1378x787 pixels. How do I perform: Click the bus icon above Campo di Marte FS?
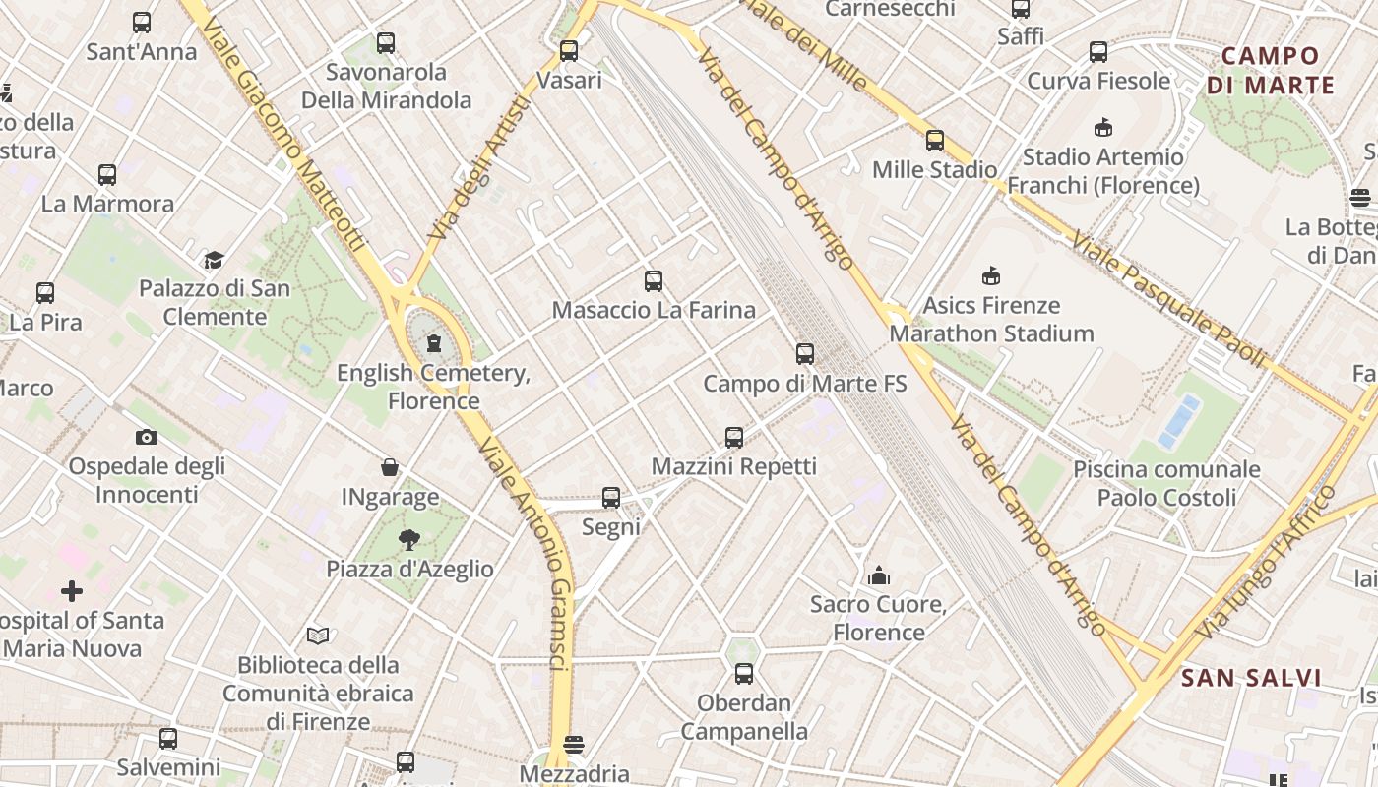805,354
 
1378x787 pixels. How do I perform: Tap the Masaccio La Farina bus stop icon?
653,281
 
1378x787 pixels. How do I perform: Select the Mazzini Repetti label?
734,466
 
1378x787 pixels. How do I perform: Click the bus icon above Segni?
611,498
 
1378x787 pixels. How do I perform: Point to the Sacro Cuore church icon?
878,575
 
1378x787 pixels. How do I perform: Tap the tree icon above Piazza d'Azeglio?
409,539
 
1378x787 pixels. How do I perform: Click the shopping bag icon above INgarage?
390,467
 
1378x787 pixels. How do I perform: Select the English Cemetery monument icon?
433,344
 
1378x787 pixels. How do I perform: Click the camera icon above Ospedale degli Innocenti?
146,437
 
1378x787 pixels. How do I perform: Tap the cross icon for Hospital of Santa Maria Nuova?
72,591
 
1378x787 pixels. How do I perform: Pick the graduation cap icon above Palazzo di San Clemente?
214,260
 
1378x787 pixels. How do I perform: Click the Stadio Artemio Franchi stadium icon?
1102,128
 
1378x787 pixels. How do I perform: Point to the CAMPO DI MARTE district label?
1270,71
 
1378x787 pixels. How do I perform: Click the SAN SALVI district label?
1250,678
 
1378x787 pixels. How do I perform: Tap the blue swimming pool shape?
1179,421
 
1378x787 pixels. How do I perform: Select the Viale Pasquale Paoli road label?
1167,299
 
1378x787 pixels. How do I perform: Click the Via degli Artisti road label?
480,167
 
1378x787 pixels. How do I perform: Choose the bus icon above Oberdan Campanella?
744,674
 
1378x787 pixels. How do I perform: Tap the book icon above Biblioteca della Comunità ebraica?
317,636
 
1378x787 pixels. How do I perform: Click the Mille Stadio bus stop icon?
935,141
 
